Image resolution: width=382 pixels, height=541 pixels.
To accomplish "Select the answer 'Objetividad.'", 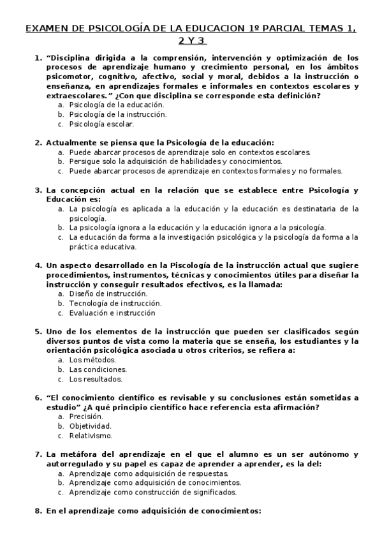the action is click(90, 426).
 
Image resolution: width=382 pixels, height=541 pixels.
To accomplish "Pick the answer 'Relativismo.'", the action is click(90, 436).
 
